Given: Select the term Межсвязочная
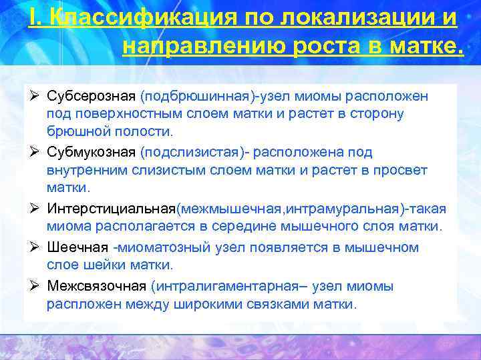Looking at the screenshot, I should pos(97,286).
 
